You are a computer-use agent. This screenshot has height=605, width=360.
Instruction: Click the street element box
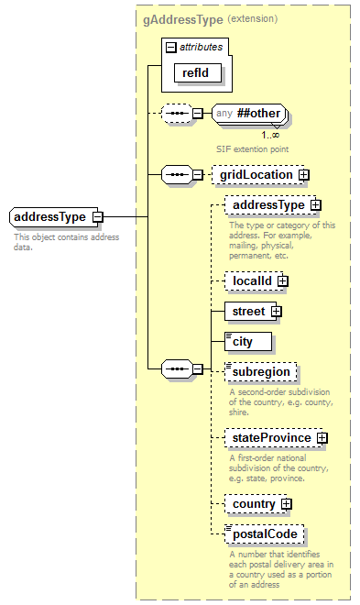point(248,312)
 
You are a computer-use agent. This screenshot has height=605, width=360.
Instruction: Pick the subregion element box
point(261,373)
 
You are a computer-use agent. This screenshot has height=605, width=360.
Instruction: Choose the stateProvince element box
point(271,438)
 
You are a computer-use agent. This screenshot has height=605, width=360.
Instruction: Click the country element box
point(254,504)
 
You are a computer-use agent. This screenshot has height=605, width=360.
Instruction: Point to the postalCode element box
point(265,534)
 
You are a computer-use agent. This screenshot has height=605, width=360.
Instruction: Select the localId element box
point(252,281)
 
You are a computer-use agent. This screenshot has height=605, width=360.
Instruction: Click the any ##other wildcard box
point(249,115)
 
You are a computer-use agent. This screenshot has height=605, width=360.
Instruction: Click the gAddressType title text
point(181,18)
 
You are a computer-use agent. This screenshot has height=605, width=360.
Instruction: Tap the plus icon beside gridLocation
point(303,174)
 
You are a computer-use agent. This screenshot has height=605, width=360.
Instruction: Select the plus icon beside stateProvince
point(322,438)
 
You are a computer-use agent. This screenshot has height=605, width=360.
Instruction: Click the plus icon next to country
point(287,504)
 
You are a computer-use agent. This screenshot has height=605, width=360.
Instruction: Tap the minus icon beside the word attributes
point(169,45)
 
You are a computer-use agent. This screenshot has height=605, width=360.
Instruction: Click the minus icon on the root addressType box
point(97,217)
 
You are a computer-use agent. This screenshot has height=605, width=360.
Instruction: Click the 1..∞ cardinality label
point(270,134)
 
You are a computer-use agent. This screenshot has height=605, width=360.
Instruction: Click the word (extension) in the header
point(252,18)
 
